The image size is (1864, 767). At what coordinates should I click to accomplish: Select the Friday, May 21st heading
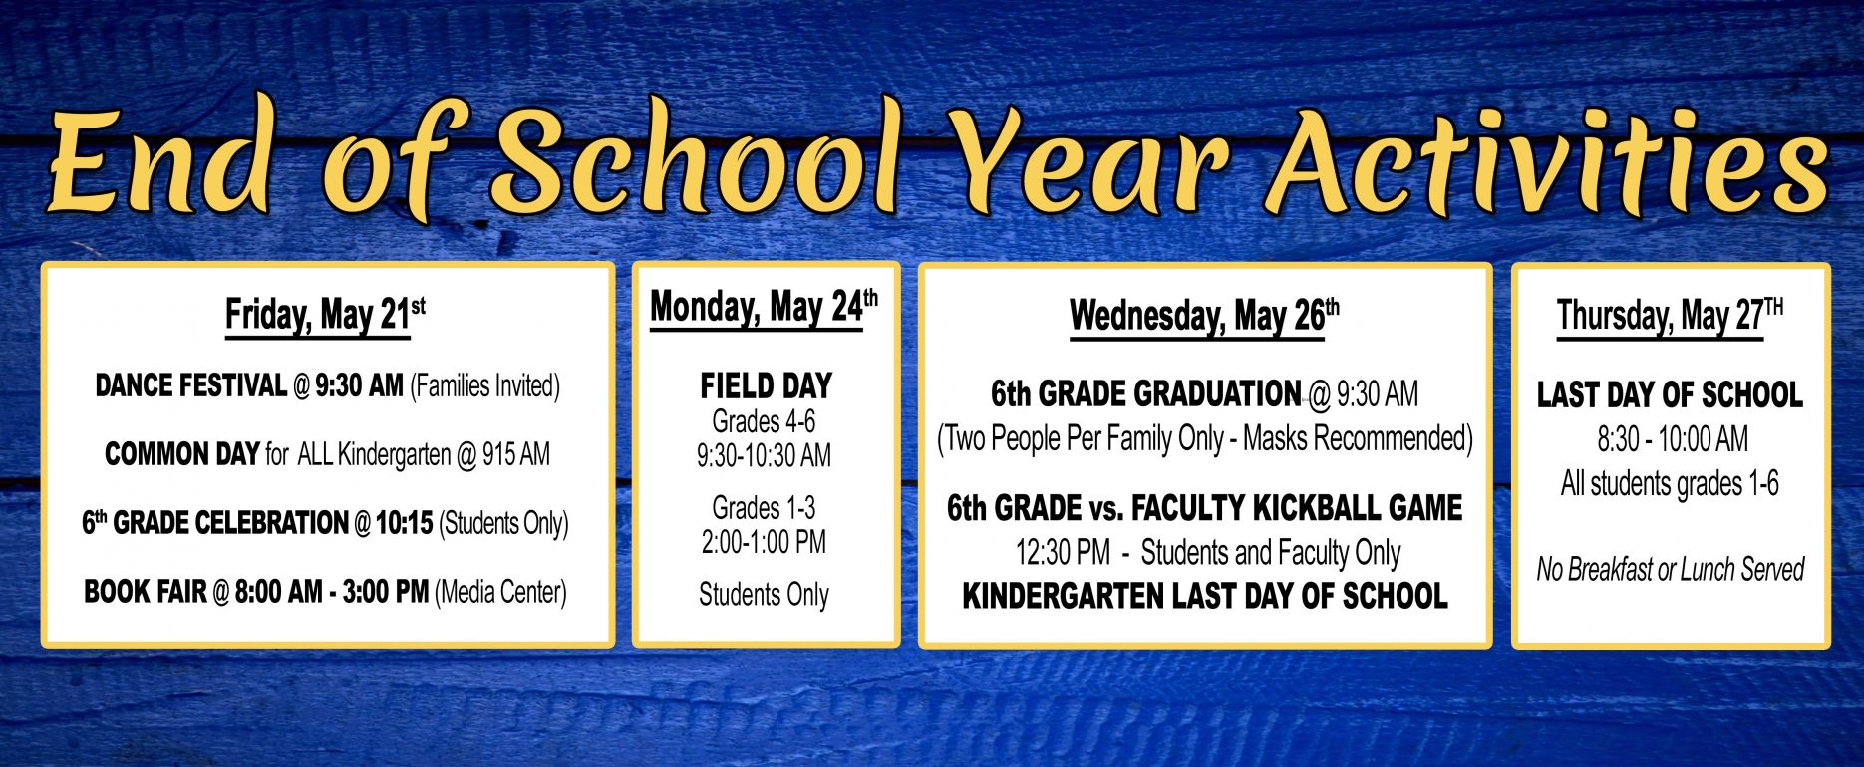[x=325, y=315]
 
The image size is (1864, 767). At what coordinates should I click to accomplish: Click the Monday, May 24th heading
[x=764, y=307]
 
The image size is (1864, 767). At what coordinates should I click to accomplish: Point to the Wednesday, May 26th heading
[x=1204, y=317]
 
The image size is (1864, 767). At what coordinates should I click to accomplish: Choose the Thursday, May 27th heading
[x=1670, y=316]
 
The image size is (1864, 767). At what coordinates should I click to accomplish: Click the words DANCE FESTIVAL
[x=190, y=385]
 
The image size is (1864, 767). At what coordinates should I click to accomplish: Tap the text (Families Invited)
[x=484, y=386]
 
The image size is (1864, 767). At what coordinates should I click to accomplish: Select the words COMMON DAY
[x=181, y=454]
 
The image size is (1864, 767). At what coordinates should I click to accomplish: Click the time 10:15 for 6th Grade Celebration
[x=404, y=523]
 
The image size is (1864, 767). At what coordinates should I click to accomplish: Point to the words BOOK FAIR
[x=146, y=592]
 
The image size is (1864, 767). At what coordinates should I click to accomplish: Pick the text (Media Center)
[x=500, y=593]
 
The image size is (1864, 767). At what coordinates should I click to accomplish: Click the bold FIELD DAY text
[x=766, y=385]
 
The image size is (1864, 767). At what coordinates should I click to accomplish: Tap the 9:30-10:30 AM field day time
[x=764, y=456]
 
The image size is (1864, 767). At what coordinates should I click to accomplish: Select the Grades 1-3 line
[x=764, y=508]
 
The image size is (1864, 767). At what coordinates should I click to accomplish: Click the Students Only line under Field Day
[x=764, y=595]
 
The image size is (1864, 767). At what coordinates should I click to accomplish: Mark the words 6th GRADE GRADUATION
[x=1145, y=394]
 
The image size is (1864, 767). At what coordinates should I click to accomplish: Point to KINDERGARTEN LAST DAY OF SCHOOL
[x=1204, y=596]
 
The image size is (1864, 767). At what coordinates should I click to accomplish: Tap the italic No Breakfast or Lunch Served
[x=1670, y=569]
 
